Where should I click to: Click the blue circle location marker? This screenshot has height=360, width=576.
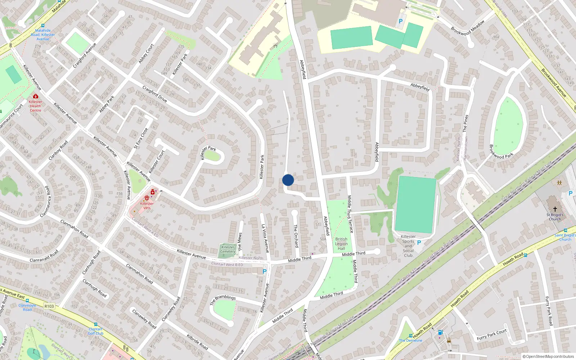coord(288,180)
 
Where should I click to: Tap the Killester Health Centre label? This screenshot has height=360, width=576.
coord(35,106)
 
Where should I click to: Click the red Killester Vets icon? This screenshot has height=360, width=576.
coord(147,198)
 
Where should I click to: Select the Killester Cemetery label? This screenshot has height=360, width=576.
coord(228,249)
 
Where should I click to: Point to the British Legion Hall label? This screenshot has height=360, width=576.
coord(341,244)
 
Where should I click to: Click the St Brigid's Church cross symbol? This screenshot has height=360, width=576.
coord(555,209)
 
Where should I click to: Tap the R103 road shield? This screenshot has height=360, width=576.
coord(49,306)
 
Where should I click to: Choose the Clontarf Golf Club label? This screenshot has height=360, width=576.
coord(96,331)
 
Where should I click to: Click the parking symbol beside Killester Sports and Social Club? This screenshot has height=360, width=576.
coord(419,243)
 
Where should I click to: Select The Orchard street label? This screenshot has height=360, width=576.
coord(296,236)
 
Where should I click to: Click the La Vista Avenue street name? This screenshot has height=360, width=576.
coord(265,238)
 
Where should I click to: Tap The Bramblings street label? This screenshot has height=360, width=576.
coord(223,300)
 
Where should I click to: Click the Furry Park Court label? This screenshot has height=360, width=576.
coord(491,335)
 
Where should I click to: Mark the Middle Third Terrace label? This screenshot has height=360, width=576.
coord(350,214)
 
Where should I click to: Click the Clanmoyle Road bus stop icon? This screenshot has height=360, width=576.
coord(27,301)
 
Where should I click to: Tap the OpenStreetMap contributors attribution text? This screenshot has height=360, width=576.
coord(548,356)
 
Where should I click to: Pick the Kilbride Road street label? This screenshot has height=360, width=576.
coord(197,342)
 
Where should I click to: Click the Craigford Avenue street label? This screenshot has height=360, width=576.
coord(85,55)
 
